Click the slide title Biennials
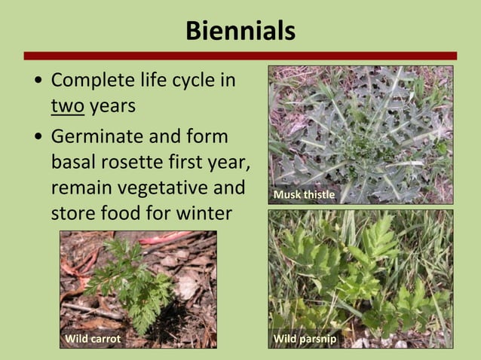click(x=240, y=31)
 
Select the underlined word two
click(x=67, y=106)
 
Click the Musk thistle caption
click(x=304, y=195)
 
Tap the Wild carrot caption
click(x=93, y=339)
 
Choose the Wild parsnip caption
click(x=305, y=339)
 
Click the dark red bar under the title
click(x=240, y=55)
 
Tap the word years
click(x=112, y=106)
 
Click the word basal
click(x=75, y=160)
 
